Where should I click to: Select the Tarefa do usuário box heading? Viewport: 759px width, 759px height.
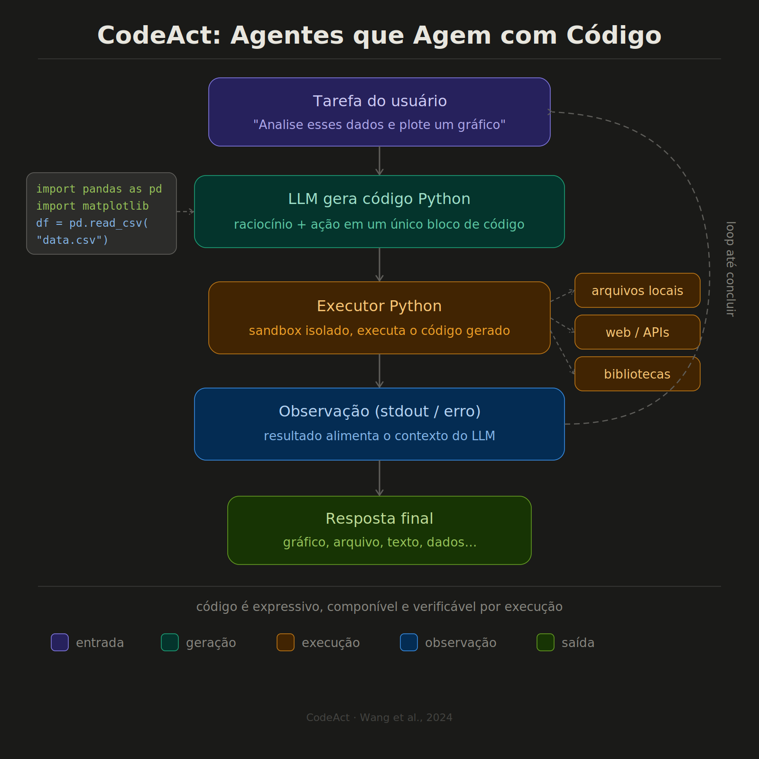tap(379, 101)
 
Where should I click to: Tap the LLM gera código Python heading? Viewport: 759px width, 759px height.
tap(379, 199)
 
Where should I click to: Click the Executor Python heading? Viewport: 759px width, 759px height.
tap(379, 306)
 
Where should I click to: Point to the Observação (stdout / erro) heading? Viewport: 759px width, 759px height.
tap(379, 411)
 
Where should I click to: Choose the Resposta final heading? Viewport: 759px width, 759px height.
tap(379, 518)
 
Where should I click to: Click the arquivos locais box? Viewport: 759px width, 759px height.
tap(637, 290)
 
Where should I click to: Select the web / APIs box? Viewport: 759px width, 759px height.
tap(637, 332)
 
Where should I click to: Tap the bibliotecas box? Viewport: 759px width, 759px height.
tap(637, 374)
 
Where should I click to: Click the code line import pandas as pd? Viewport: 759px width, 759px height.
tap(99, 189)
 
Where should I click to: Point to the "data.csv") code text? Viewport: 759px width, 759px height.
tap(73, 240)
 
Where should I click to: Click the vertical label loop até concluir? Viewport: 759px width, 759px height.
tap(731, 268)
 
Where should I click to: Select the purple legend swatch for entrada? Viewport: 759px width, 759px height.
tap(60, 642)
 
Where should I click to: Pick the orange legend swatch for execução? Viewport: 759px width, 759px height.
tap(286, 642)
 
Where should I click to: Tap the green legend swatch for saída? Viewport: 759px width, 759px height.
tap(546, 642)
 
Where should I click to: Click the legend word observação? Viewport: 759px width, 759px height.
tap(461, 643)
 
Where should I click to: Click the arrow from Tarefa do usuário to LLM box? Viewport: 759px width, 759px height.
tap(379, 161)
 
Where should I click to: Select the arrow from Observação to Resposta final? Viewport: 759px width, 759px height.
tap(379, 478)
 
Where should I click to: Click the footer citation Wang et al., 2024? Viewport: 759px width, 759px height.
tap(406, 717)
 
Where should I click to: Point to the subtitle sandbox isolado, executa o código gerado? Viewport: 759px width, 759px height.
tap(379, 331)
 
